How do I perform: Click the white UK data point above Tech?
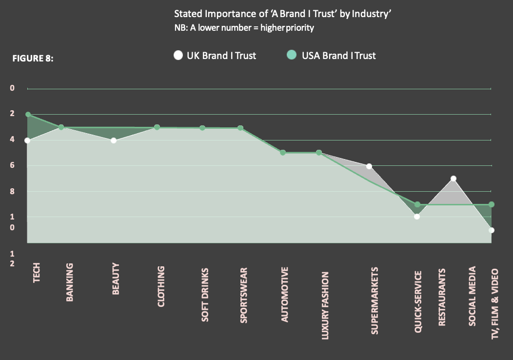27,140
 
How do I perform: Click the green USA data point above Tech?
28,115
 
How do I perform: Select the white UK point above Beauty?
113,140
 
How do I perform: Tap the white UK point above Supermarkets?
369,166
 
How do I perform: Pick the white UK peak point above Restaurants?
453,179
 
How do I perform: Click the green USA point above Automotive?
283,153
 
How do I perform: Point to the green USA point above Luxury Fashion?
318,153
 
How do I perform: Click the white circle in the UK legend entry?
178,56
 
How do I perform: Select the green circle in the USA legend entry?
291,56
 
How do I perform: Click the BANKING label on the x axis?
70,282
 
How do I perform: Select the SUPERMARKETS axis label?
375,300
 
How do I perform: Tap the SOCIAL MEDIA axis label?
472,296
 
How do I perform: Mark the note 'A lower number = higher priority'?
244,27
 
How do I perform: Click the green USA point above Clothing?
157,127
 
